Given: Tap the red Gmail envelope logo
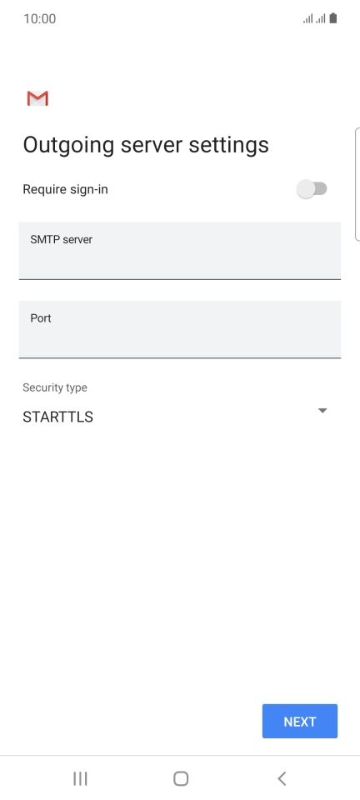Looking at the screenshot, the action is (x=37, y=98).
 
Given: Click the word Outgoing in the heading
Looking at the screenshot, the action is (x=69, y=145).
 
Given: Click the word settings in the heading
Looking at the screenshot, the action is (x=228, y=145).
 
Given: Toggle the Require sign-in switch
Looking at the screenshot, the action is (x=312, y=189).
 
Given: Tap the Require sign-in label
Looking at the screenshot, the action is (x=65, y=190).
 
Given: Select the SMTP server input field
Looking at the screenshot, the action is (x=180, y=251).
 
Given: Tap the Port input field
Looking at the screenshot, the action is (x=180, y=329).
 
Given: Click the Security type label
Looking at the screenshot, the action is (x=54, y=387).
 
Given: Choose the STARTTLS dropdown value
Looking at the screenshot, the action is (x=57, y=417).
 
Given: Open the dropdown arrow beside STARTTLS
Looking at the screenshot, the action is (x=322, y=411).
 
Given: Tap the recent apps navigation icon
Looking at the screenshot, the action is (x=80, y=778).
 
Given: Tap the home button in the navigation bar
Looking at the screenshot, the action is (x=181, y=778).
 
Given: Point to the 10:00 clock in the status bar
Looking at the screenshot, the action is (x=40, y=19).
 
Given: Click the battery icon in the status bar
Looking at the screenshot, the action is (x=333, y=19).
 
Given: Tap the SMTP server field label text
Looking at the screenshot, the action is (x=61, y=239).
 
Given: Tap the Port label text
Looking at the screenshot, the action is (x=41, y=318).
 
